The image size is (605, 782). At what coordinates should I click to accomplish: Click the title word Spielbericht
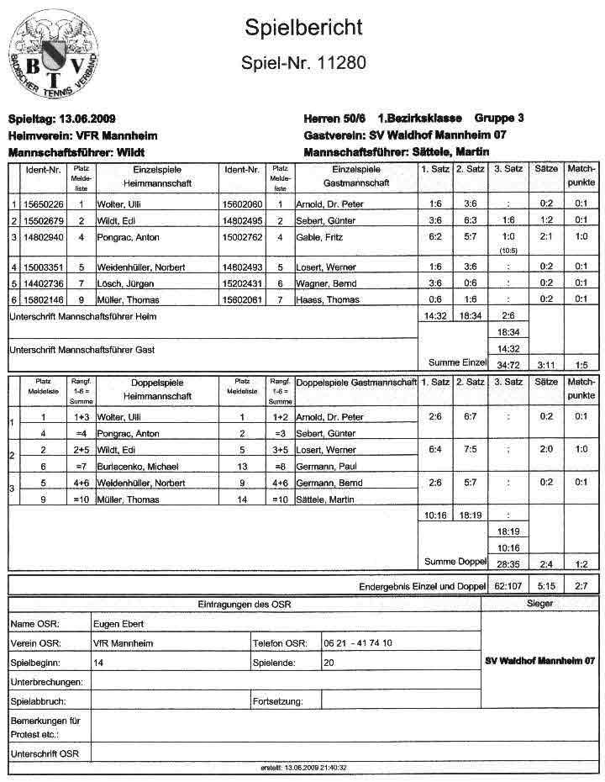pos(303,27)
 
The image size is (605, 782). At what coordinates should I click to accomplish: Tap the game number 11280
pos(343,64)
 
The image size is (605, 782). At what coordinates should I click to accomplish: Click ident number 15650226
pos(44,204)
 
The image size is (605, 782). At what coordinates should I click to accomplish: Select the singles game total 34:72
pos(508,364)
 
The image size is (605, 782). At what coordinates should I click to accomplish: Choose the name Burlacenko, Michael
pos(144,466)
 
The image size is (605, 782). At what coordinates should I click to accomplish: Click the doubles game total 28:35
pos(508,563)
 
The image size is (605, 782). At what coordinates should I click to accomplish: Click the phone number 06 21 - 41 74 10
pos(358,643)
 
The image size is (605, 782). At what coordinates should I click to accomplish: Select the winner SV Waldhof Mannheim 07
pos(539,660)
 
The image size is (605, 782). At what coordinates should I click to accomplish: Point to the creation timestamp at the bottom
pos(303,768)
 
